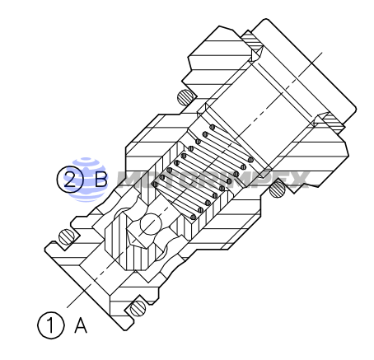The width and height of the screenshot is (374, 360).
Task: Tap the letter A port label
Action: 81,325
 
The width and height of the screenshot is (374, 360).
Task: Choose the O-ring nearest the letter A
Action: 136,309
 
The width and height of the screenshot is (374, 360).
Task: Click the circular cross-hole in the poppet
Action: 150,224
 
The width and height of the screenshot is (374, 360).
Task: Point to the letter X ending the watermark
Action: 297,178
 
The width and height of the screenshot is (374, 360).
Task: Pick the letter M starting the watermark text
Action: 132,178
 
